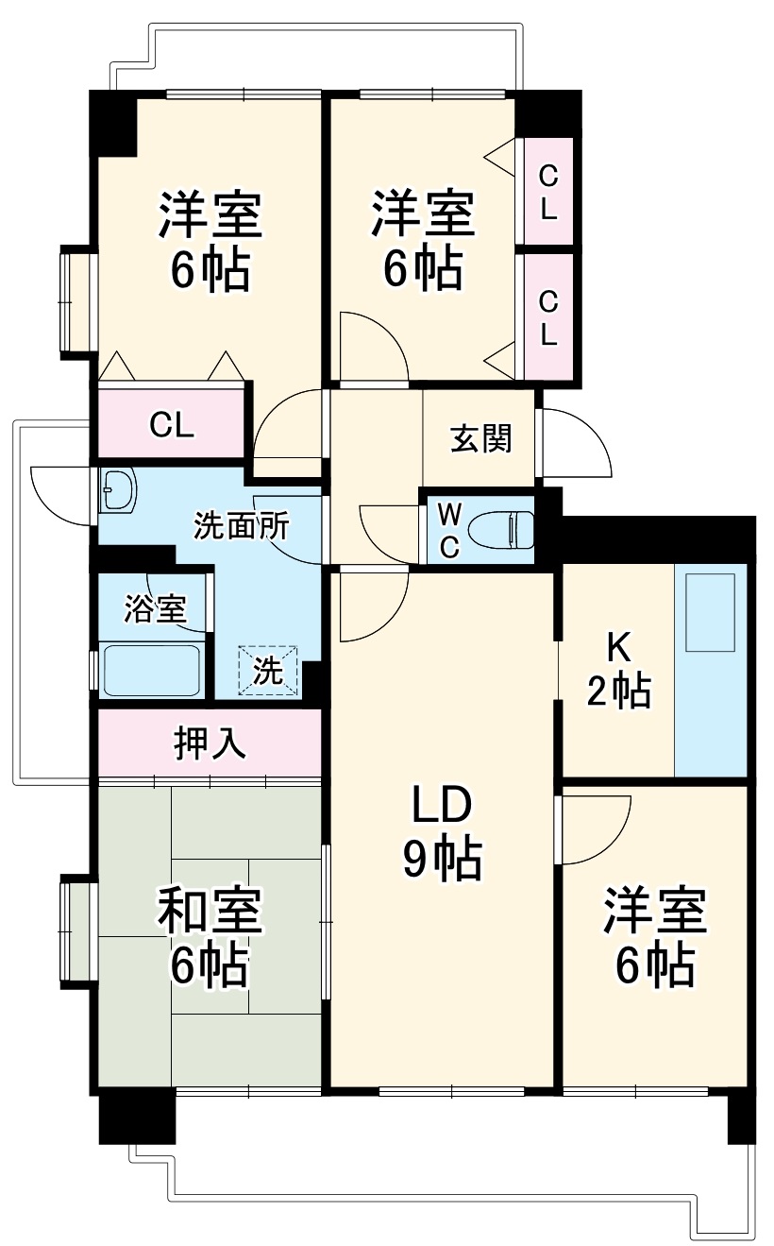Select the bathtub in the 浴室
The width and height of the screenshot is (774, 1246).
tap(150, 670)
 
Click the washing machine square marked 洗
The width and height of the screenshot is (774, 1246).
tap(267, 671)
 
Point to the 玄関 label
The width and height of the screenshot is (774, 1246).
tap(480, 438)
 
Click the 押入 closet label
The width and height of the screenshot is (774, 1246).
tap(210, 742)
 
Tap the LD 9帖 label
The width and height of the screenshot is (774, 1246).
tap(441, 831)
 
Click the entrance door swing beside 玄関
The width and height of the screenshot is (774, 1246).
tap(574, 444)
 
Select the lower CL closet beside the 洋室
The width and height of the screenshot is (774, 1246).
tap(548, 317)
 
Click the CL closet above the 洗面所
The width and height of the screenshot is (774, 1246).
tap(171, 425)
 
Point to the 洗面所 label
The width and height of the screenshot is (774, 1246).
tap(242, 525)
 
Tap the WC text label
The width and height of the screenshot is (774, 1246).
tap(450, 531)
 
